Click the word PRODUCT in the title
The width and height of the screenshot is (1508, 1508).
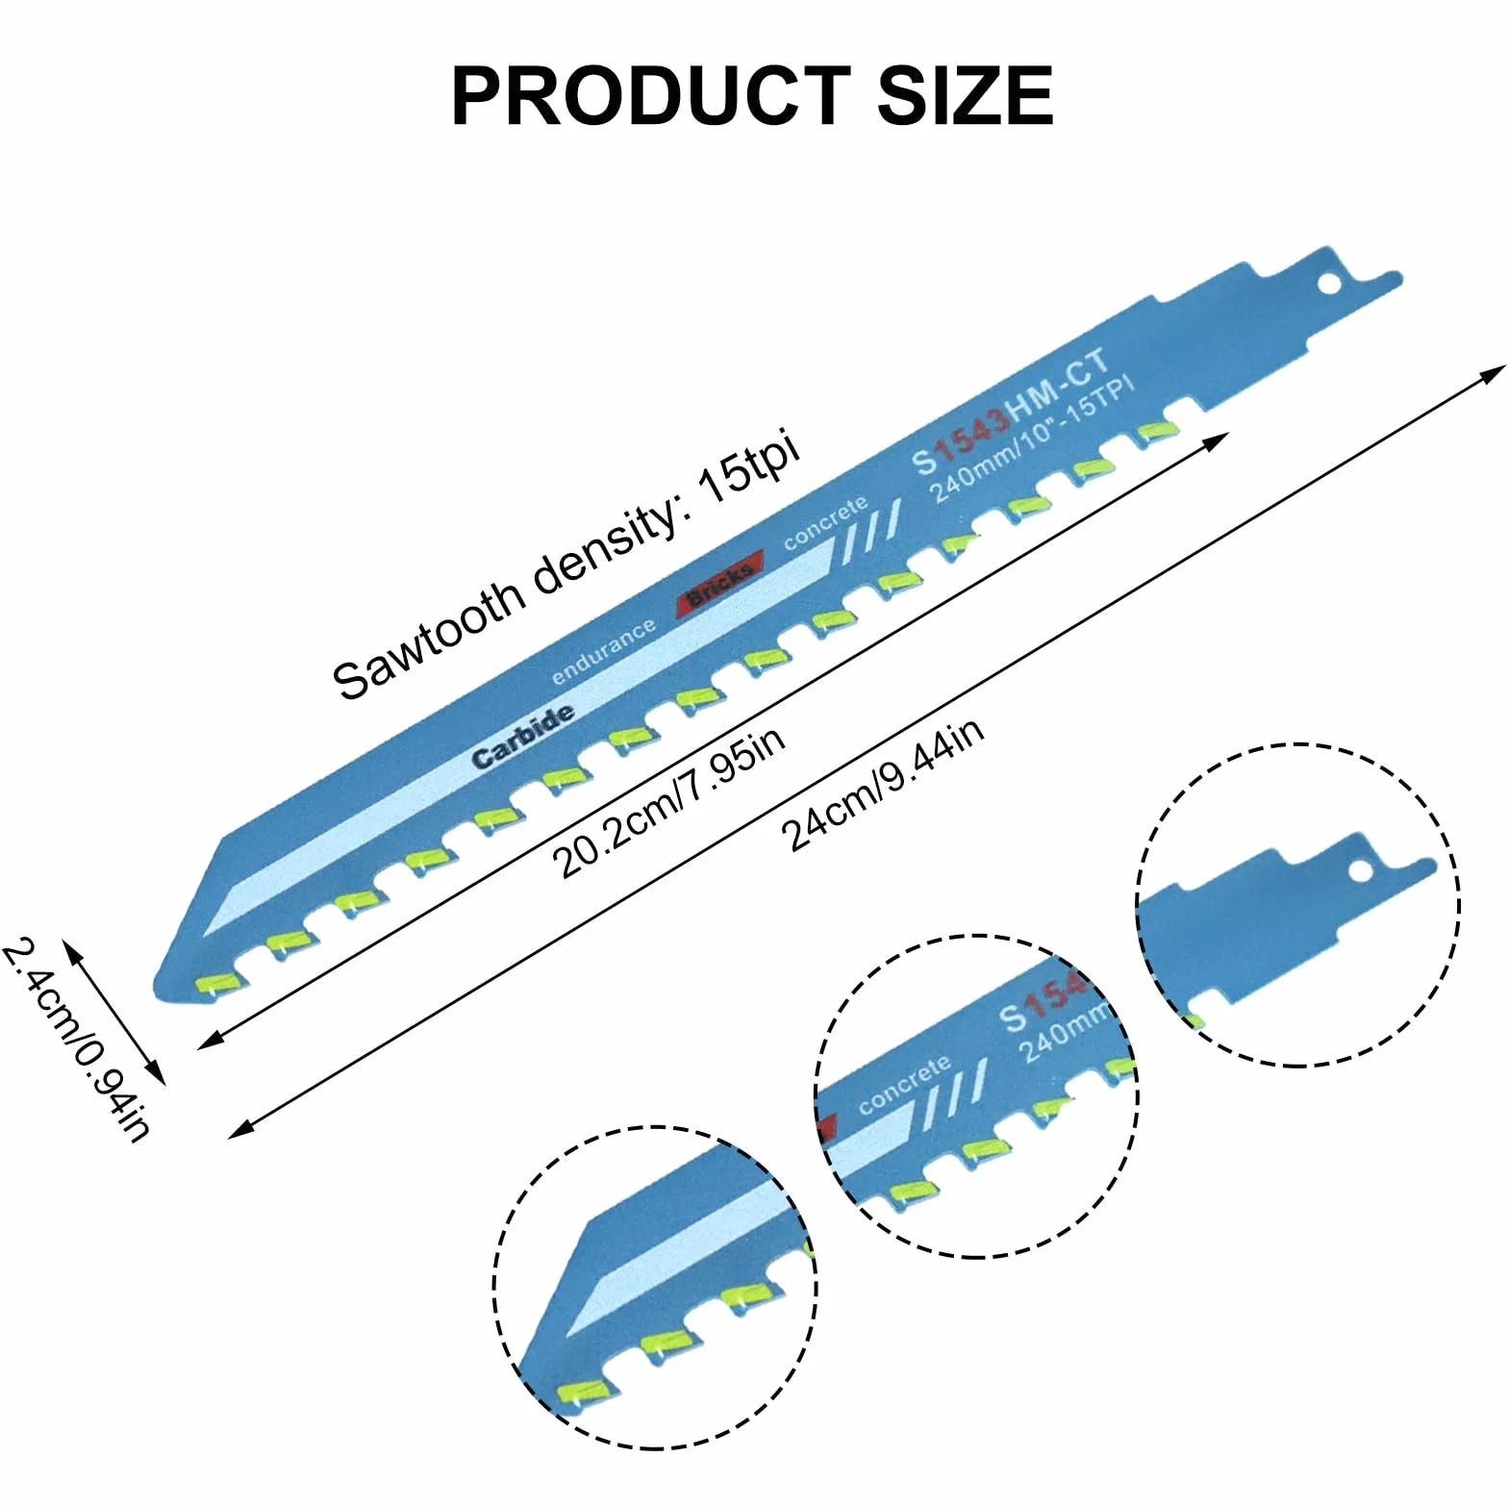pyautogui.click(x=651, y=96)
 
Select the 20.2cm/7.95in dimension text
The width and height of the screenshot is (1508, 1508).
pyautogui.click(x=668, y=802)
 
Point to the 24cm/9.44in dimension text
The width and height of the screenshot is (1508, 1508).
pyautogui.click(x=883, y=784)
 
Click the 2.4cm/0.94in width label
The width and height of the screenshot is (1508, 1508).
pyautogui.click(x=77, y=1039)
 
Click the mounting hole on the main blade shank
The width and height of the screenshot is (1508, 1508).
pyautogui.click(x=1328, y=285)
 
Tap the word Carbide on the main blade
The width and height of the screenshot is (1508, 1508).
pyautogui.click(x=524, y=737)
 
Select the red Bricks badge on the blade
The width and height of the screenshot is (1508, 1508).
pyautogui.click(x=720, y=583)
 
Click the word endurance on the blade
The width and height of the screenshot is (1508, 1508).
pyautogui.click(x=604, y=652)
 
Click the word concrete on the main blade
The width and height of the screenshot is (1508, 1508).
pyautogui.click(x=826, y=523)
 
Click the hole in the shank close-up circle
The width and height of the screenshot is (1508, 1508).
pyautogui.click(x=1361, y=871)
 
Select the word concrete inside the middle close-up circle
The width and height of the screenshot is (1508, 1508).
pyautogui.click(x=904, y=1086)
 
